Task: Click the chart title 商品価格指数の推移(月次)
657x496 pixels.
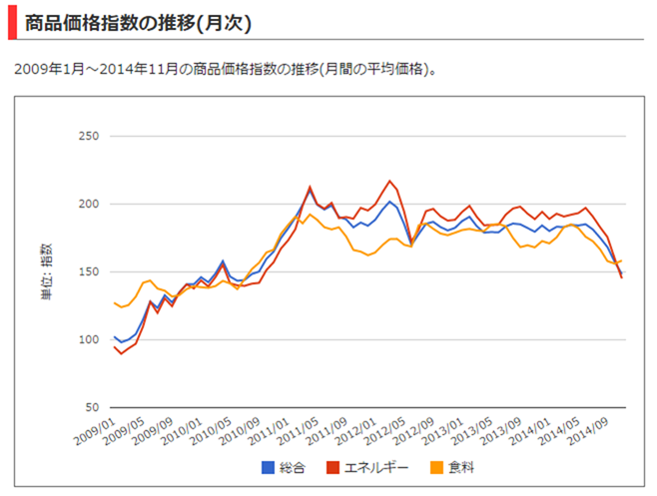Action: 138,21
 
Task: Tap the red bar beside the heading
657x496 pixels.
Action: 12,21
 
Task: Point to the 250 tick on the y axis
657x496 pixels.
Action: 87,136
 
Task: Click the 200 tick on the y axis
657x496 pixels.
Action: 87,204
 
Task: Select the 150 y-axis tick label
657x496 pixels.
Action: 87,271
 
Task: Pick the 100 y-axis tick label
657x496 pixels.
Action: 87,339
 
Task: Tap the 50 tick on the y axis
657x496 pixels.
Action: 91,407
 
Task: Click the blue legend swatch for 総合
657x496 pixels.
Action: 268,466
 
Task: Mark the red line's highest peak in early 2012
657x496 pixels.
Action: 389,181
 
